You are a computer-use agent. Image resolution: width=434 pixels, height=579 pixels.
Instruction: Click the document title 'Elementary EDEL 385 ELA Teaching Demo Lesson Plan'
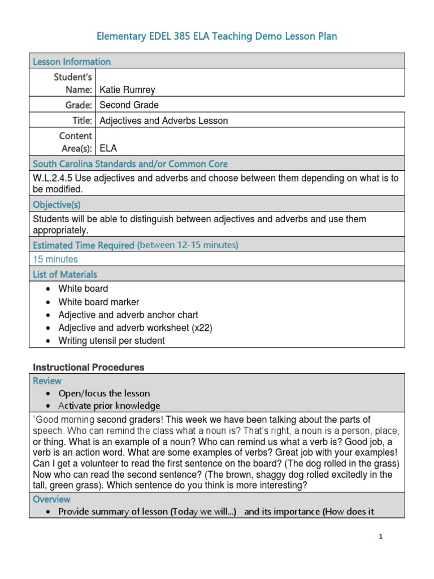point(217,37)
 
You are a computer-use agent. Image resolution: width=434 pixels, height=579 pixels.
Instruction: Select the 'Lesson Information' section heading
point(72,62)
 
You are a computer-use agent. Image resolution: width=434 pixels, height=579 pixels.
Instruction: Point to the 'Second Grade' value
point(129,105)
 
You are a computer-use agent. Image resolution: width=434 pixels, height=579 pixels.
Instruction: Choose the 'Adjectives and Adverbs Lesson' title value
point(163,120)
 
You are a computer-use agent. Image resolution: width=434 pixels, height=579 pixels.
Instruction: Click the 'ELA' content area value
point(108,149)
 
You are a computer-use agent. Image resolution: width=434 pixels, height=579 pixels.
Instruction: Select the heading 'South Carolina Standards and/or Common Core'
point(131,164)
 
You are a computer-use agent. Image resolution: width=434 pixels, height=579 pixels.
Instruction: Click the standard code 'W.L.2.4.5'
point(54,178)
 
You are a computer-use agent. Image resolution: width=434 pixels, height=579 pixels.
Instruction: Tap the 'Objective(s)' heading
point(57,205)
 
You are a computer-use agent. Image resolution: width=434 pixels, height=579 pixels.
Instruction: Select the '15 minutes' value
point(55,260)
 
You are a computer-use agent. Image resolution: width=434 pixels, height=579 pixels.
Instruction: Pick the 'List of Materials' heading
point(65,274)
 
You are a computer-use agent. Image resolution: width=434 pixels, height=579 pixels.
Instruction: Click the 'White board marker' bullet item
point(98,302)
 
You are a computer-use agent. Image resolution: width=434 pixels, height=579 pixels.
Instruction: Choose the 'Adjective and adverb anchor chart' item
point(128,315)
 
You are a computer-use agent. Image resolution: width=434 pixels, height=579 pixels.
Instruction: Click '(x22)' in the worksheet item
point(202,328)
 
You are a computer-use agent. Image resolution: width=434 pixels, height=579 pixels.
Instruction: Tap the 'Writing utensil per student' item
point(111,341)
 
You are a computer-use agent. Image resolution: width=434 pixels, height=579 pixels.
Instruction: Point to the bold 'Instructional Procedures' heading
point(88,368)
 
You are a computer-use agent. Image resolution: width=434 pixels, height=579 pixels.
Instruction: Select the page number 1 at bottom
point(381,538)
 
